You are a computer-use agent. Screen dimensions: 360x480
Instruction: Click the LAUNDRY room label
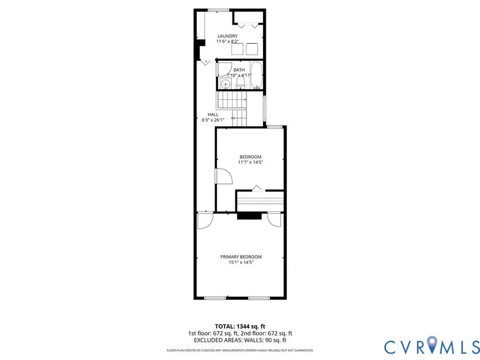[x=227, y=36]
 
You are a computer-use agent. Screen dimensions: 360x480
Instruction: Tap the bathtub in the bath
[x=257, y=76]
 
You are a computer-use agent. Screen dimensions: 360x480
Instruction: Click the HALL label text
[x=213, y=115]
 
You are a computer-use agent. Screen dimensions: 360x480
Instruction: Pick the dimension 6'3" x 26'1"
[x=213, y=120]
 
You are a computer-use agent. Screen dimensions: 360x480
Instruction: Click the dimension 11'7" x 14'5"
[x=250, y=162]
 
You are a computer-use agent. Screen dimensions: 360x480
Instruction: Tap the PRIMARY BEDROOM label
[x=241, y=257]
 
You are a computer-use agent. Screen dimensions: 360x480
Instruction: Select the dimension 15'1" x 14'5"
[x=241, y=262]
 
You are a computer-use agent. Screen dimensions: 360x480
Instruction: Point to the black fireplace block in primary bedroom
[x=249, y=216]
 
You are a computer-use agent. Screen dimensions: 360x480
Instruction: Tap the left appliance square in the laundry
[x=236, y=49]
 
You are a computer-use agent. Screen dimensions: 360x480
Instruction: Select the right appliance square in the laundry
[x=252, y=49]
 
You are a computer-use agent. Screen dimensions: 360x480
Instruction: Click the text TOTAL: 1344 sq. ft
[x=240, y=326]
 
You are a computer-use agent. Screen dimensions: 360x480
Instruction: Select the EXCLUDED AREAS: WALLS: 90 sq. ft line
[x=240, y=340]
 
